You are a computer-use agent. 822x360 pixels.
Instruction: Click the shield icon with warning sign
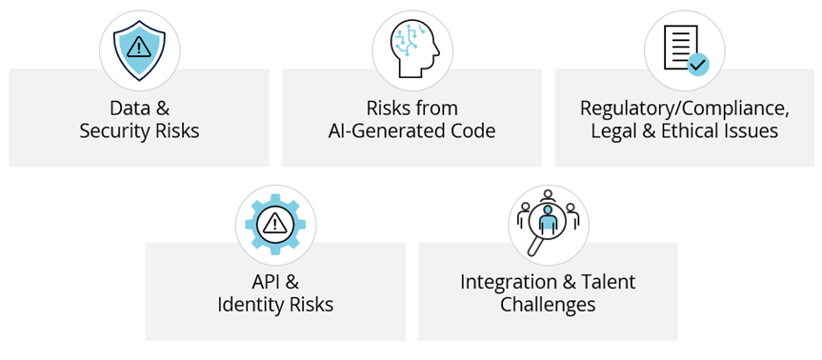pyautogui.click(x=139, y=48)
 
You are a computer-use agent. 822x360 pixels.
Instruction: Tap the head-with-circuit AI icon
pyautogui.click(x=411, y=48)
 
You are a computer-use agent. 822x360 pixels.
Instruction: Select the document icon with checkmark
pyautogui.click(x=684, y=48)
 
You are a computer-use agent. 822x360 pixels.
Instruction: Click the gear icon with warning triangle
pyautogui.click(x=275, y=224)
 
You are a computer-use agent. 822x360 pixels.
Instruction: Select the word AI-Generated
pyautogui.click(x=387, y=130)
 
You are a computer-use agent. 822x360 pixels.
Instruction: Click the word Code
pyautogui.click(x=472, y=130)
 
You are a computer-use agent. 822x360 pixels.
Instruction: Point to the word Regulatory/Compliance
pyautogui.click(x=683, y=107)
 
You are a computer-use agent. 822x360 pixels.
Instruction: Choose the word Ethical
pyautogui.click(x=697, y=130)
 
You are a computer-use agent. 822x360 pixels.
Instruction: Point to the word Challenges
pyautogui.click(x=548, y=306)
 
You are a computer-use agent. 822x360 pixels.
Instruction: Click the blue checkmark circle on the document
pyautogui.click(x=698, y=65)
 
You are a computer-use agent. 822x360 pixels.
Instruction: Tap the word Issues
pyautogui.click(x=755, y=130)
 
